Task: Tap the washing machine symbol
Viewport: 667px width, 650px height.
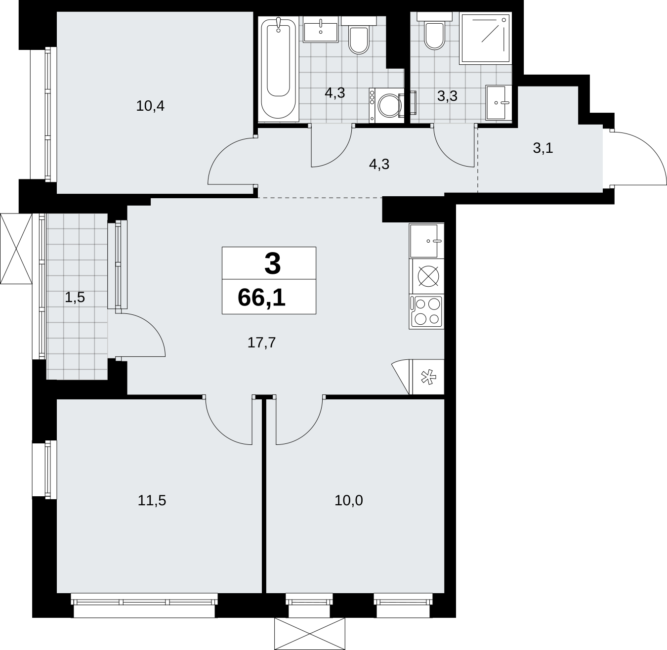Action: tap(387, 105)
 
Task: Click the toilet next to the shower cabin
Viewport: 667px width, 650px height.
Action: tap(434, 31)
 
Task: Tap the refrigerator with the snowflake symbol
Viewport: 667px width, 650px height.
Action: tap(427, 377)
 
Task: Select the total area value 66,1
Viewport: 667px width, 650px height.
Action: tap(261, 297)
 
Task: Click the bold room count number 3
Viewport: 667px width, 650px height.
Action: tap(273, 263)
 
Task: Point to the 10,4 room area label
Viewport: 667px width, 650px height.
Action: tap(150, 106)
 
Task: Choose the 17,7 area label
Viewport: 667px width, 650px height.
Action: tap(261, 343)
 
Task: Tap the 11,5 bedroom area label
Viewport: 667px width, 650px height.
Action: tap(152, 501)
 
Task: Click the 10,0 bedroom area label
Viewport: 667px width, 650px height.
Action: tap(349, 501)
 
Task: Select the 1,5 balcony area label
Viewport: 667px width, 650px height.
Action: tap(75, 298)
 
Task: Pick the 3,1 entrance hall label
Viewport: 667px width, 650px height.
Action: tap(543, 148)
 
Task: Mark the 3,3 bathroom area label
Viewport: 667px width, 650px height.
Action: tap(447, 96)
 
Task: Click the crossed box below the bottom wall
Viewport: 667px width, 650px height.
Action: tap(310, 634)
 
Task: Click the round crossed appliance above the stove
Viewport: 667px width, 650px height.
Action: tap(428, 276)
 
